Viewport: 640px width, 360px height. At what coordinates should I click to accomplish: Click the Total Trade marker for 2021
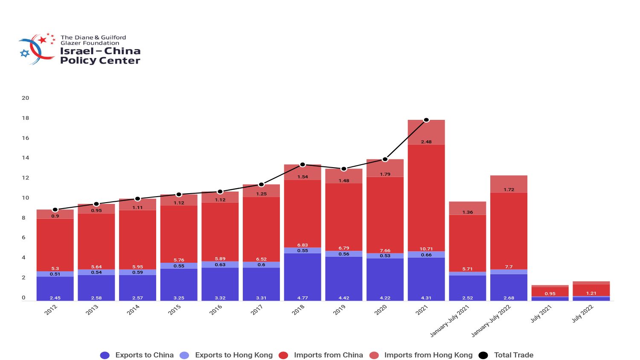[x=426, y=120]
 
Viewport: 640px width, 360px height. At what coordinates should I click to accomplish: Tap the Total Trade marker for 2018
[x=303, y=165]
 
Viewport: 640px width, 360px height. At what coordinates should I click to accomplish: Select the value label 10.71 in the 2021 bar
[x=426, y=249]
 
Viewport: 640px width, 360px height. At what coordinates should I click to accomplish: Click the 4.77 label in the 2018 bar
[x=303, y=298]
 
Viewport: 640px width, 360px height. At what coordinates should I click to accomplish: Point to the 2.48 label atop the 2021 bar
[x=426, y=142]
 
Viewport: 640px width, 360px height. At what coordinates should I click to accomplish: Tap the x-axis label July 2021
[x=541, y=314]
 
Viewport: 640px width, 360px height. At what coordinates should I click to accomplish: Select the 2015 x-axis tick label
[x=175, y=310]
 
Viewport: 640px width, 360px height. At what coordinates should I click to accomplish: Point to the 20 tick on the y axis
[x=26, y=98]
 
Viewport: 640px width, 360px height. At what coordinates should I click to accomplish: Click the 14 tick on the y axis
[x=26, y=157]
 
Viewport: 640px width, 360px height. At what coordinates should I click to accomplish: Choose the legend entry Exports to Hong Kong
[x=233, y=355]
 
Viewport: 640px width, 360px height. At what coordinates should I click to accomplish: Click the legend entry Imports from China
[x=328, y=355]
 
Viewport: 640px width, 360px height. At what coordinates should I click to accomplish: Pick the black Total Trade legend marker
[x=483, y=355]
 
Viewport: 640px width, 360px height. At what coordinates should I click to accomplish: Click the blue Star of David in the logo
[x=25, y=53]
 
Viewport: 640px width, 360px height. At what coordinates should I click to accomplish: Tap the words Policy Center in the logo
[x=100, y=61]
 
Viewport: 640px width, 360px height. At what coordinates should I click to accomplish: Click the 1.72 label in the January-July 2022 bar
[x=509, y=189]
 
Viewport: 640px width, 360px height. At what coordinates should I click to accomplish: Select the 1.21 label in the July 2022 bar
[x=591, y=293]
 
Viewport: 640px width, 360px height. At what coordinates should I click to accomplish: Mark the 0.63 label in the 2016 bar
[x=220, y=264]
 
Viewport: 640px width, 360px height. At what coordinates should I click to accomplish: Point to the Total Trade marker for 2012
[x=55, y=210]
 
